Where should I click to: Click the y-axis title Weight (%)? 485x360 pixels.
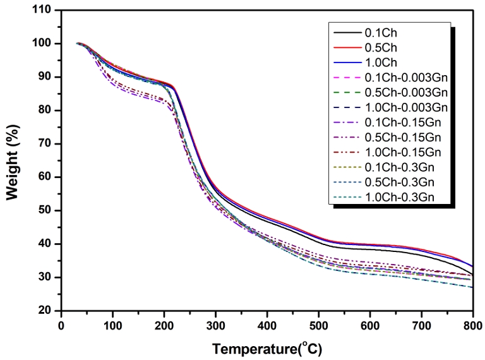13,161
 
